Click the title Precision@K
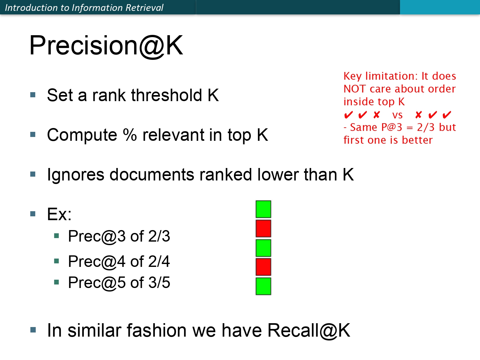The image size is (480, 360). [106, 46]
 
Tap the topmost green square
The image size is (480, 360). [263, 209]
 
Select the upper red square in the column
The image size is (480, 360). [263, 228]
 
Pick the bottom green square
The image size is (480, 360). [263, 286]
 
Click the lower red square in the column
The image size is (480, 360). [263, 267]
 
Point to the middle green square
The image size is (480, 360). [263, 248]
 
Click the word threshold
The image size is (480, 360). [166, 95]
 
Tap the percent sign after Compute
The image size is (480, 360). [130, 135]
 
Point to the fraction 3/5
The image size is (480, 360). [159, 283]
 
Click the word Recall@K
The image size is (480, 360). [308, 331]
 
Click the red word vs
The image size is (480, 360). [397, 115]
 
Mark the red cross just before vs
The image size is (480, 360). [377, 115]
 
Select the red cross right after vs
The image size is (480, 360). [418, 115]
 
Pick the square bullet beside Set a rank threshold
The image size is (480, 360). [33, 95]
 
